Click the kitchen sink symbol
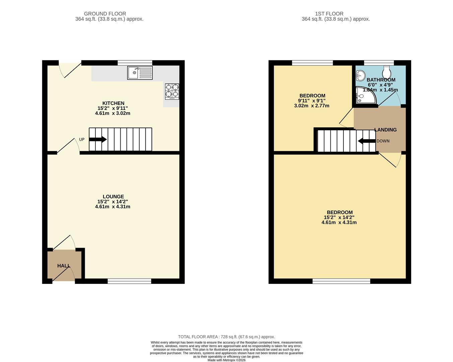pos(140,73)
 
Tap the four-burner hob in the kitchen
pos(172,92)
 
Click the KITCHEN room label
pos(113,103)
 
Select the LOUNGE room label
pos(113,197)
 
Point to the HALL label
pos(64,266)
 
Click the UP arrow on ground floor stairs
pos(98,139)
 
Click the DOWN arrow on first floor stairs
pos(367,141)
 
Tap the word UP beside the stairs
pos(82,139)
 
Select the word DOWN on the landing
pos(383,141)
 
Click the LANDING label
pos(385,130)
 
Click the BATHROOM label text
pos(381,80)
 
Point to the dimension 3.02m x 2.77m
pos(312,106)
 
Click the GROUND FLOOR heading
pos(105,14)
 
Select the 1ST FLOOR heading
pos(329,14)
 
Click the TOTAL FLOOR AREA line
pos(226,337)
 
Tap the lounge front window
pos(129,281)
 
